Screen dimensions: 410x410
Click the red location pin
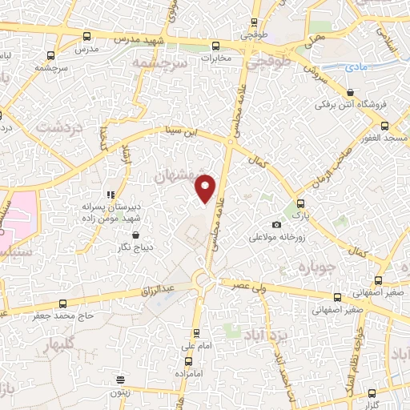[207, 188]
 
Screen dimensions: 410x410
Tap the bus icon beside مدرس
[86, 35]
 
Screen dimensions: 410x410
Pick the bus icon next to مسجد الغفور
[385, 126]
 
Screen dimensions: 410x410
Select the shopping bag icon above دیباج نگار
[135, 235]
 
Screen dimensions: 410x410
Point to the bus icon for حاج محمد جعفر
[63, 303]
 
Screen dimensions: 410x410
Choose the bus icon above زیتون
[120, 380]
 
